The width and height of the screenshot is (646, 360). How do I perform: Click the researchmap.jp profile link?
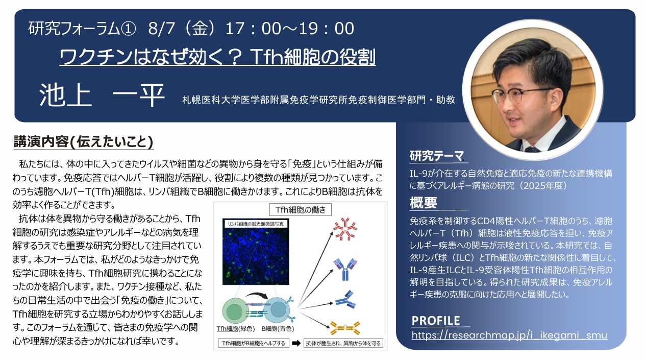pos(509,335)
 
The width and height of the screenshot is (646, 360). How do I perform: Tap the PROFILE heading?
pos(436,321)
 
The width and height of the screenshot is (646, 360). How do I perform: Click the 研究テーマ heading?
pos(436,156)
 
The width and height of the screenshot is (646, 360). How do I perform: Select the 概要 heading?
pos(423,203)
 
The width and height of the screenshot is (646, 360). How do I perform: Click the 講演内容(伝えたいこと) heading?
pos(83,142)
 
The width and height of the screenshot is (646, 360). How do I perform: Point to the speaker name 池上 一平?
pos(102,95)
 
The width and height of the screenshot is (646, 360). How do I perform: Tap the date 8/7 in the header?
pos(161,29)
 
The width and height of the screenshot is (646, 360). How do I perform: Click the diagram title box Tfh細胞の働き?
pos(300,209)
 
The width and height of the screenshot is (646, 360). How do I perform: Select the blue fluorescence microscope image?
pos(256,252)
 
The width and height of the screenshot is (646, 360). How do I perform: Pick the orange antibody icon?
pos(345,328)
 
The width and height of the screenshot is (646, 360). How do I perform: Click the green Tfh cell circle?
pos(235,311)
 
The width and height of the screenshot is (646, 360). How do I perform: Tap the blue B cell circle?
pos(278,310)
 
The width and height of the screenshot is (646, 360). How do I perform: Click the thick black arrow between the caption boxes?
pos(296,343)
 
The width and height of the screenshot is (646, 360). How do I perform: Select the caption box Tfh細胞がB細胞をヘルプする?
pos(254,343)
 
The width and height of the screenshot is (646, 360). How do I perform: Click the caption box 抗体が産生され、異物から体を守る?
pos(343,343)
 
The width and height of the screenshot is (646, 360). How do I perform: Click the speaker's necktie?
pos(532,149)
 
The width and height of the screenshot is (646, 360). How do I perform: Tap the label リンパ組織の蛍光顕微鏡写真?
pos(256,224)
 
